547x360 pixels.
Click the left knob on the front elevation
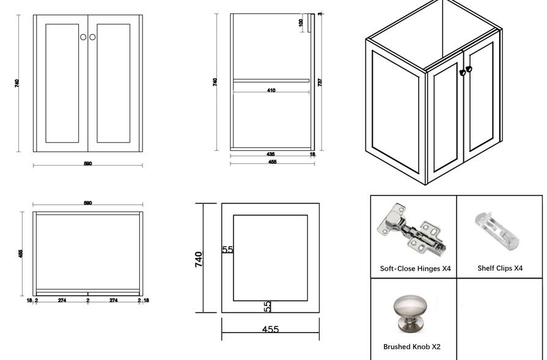(x=84, y=37)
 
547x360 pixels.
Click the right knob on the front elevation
(x=92, y=37)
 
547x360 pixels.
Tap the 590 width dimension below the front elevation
(x=87, y=164)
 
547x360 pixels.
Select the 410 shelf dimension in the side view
(x=271, y=90)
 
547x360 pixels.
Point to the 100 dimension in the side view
(x=301, y=23)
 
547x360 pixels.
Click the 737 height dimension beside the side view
(x=320, y=82)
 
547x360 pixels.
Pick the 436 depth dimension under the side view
(x=270, y=155)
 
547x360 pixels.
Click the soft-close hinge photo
(x=411, y=231)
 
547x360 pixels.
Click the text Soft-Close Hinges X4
(x=415, y=268)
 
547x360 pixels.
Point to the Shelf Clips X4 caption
(x=500, y=268)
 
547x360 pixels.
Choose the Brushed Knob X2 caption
(x=411, y=347)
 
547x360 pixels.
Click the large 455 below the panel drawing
(x=270, y=329)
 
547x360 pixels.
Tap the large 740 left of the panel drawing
(x=199, y=259)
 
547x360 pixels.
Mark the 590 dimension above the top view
(x=87, y=203)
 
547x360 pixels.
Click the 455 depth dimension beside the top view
(x=20, y=253)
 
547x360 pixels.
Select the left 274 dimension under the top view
(x=62, y=300)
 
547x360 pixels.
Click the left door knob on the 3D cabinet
(x=463, y=73)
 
